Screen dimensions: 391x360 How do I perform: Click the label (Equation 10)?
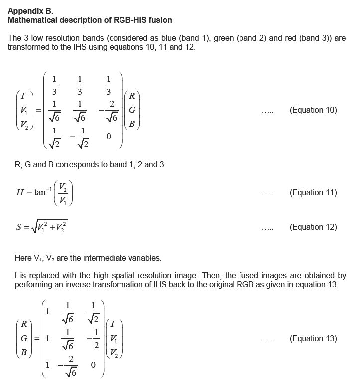pos(313,110)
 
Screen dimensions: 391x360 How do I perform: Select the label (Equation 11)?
pos(313,193)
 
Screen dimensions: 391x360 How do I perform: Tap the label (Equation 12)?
pos(313,227)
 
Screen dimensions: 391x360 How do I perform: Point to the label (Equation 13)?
pos(313,339)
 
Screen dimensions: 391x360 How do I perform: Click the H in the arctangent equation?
pos(19,193)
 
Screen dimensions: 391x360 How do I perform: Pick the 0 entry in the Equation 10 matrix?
pos(109,136)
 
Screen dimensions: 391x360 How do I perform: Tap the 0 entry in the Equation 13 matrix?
pos(93,365)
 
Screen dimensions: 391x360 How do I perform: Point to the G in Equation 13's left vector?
pos(23,339)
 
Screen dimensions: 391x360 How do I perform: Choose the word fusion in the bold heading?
pos(158,20)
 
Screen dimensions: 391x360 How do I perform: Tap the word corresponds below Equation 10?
pos(73,164)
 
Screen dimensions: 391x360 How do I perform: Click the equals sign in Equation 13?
pos(36,339)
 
